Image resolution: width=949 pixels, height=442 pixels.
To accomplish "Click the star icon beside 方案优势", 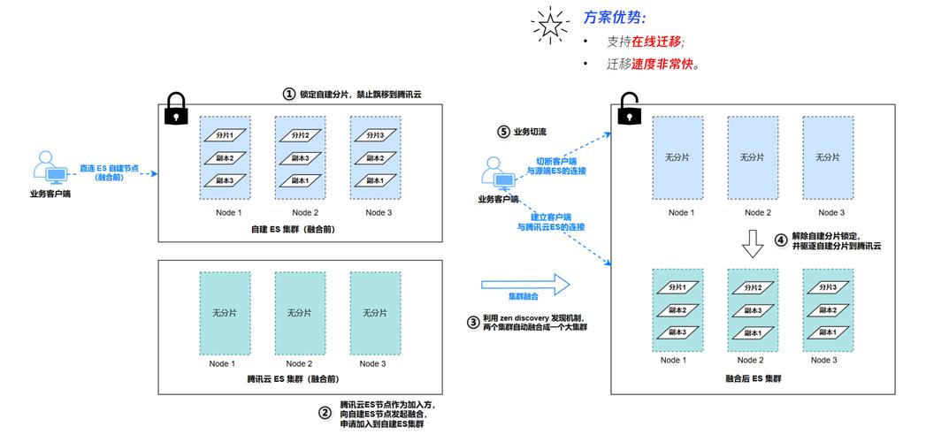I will click(x=550, y=27).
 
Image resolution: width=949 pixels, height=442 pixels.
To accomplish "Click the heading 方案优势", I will click(x=615, y=18).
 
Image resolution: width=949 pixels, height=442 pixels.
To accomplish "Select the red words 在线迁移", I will click(x=655, y=42).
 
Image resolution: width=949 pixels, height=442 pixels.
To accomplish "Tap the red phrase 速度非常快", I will click(x=659, y=65).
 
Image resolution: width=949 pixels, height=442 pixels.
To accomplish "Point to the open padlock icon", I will click(x=629, y=109).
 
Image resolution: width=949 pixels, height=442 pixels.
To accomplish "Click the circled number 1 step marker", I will click(x=288, y=94).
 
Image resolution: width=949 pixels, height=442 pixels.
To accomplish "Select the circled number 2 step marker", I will click(x=324, y=411).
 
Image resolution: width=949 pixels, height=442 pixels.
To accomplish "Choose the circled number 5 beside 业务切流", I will click(x=503, y=132).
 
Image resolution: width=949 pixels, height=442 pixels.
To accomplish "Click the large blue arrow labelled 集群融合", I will click(x=525, y=284).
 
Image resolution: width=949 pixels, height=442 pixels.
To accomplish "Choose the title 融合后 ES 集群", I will click(x=752, y=378).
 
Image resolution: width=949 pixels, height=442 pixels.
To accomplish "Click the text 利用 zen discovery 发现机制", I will click(x=532, y=317).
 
